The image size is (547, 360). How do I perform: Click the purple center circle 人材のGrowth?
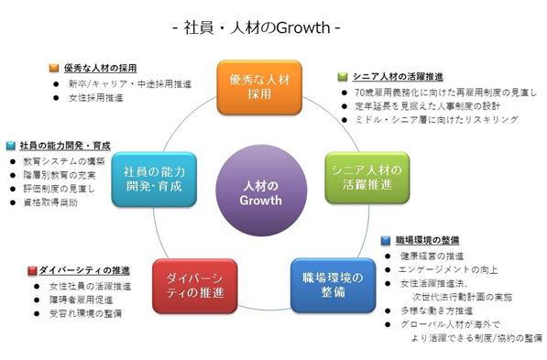tap(261, 191)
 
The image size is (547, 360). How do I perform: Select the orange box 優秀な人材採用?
tap(259, 87)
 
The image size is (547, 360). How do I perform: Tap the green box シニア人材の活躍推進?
tap(367, 178)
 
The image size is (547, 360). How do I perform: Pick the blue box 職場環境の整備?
tap(334, 286)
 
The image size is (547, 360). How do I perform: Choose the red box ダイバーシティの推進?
tap(195, 286)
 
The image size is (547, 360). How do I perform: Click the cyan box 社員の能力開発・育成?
tap(154, 180)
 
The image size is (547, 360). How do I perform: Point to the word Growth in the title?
tap(303, 27)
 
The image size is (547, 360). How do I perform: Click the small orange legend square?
tap(54, 68)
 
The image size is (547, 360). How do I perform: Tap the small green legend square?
tap(343, 77)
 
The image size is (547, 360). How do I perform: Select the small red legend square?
tap(32, 271)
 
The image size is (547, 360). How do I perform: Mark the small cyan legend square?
tap(11, 146)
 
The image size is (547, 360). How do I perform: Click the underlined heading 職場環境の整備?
tap(427, 240)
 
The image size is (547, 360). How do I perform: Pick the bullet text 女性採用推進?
tap(96, 98)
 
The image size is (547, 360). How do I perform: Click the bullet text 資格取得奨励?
tap(50, 202)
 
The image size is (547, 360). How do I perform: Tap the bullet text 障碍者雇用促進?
tap(82, 300)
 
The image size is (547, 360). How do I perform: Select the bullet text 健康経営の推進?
tap(432, 256)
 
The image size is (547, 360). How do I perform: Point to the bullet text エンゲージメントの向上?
tap(448, 269)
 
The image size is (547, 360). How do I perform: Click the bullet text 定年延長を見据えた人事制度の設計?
tap(427, 106)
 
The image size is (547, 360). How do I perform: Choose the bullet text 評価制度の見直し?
tap(59, 189)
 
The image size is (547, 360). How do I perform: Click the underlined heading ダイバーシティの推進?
tap(84, 271)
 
